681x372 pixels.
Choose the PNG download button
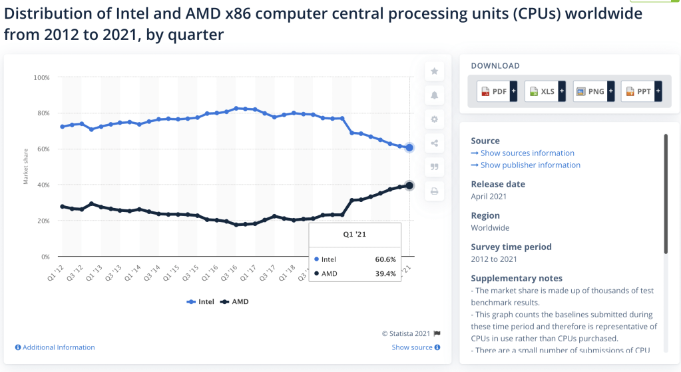click(x=592, y=91)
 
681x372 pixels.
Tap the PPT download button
click(x=640, y=91)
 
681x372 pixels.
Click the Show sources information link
click(x=523, y=153)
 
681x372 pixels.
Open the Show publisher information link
click(x=526, y=165)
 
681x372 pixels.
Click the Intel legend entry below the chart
click(x=200, y=302)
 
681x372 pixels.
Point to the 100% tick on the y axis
click(x=41, y=77)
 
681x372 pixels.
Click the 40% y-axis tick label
click(x=43, y=185)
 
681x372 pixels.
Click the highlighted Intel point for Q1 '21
click(x=409, y=147)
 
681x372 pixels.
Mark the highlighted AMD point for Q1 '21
click(x=409, y=185)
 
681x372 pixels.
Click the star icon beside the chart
click(x=434, y=71)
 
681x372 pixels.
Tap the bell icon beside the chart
click(x=434, y=95)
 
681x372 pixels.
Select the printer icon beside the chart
click(x=434, y=191)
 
